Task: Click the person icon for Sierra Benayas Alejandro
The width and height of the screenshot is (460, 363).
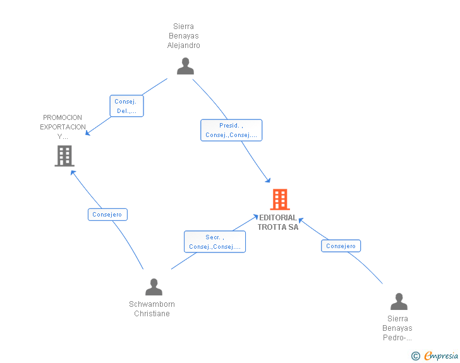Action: click(x=185, y=66)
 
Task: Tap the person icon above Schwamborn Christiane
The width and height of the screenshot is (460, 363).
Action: click(x=154, y=287)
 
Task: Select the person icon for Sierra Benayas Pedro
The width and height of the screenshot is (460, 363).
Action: click(x=399, y=301)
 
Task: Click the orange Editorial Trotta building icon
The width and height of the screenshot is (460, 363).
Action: click(x=280, y=199)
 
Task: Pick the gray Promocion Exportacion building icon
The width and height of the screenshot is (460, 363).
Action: click(x=64, y=156)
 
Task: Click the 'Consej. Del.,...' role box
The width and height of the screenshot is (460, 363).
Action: click(x=127, y=106)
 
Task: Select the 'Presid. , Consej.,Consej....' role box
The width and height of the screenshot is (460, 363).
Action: click(x=231, y=130)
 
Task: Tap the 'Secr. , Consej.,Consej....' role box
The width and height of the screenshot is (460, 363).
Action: click(x=215, y=242)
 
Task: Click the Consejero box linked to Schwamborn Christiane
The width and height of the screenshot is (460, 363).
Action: click(x=107, y=215)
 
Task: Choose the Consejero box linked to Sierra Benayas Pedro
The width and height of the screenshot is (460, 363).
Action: click(x=341, y=246)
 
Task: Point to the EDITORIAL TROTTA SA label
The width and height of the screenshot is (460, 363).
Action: click(x=278, y=222)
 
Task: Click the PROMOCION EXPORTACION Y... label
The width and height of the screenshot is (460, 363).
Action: click(x=63, y=127)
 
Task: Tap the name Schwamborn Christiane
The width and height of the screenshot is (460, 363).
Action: click(x=152, y=309)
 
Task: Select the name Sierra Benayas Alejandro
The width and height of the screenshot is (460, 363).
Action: click(x=184, y=36)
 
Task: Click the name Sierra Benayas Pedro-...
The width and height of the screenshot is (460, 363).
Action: click(x=397, y=328)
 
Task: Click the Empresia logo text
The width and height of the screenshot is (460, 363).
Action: click(x=441, y=355)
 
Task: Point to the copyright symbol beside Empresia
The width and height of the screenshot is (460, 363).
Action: click(x=416, y=356)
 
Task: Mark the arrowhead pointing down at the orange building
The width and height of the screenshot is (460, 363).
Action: click(x=268, y=180)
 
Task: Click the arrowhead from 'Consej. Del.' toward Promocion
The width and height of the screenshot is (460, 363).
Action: click(x=88, y=133)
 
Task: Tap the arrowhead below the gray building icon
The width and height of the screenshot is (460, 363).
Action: click(x=73, y=172)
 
